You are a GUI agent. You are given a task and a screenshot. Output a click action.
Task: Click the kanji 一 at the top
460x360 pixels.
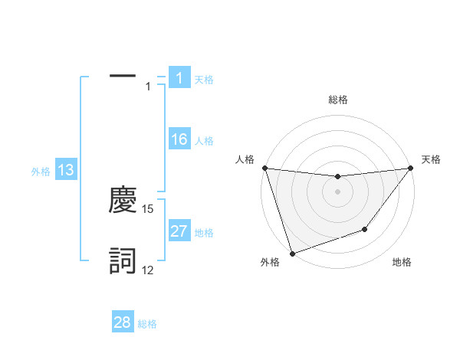pos(123,77)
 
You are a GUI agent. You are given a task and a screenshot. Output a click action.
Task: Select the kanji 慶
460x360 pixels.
pos(123,200)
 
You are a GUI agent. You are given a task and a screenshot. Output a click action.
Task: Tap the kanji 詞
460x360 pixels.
pos(123,262)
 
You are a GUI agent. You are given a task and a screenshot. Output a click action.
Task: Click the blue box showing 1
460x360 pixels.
pos(179,78)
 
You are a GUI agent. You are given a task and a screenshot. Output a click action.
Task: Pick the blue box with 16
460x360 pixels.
pos(179,139)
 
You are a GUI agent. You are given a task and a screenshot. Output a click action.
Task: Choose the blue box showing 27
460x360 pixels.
pos(179,231)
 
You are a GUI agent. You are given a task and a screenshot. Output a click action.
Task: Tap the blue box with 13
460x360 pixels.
pos(66,170)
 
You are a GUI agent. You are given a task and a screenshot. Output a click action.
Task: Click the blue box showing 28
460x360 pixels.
pos(123,322)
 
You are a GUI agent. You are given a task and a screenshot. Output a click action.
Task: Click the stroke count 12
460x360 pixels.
pos(148,270)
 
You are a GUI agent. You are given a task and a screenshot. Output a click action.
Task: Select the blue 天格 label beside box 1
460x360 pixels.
pos(204,80)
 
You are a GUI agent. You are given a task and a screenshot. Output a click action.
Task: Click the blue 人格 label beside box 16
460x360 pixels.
pos(204,141)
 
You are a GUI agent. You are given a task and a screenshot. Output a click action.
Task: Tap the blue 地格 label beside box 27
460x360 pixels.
pos(204,233)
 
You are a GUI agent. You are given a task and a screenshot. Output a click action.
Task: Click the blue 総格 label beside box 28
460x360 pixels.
pos(147,324)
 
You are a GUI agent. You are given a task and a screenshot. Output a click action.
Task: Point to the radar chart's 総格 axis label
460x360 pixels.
pos(338,100)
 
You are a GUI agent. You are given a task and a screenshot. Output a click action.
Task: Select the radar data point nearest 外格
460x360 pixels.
pos(292,254)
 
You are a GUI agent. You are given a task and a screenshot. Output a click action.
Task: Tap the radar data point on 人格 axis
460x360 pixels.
pos(264,168)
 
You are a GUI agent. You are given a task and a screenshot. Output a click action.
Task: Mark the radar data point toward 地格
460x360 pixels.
pos(366,229)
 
